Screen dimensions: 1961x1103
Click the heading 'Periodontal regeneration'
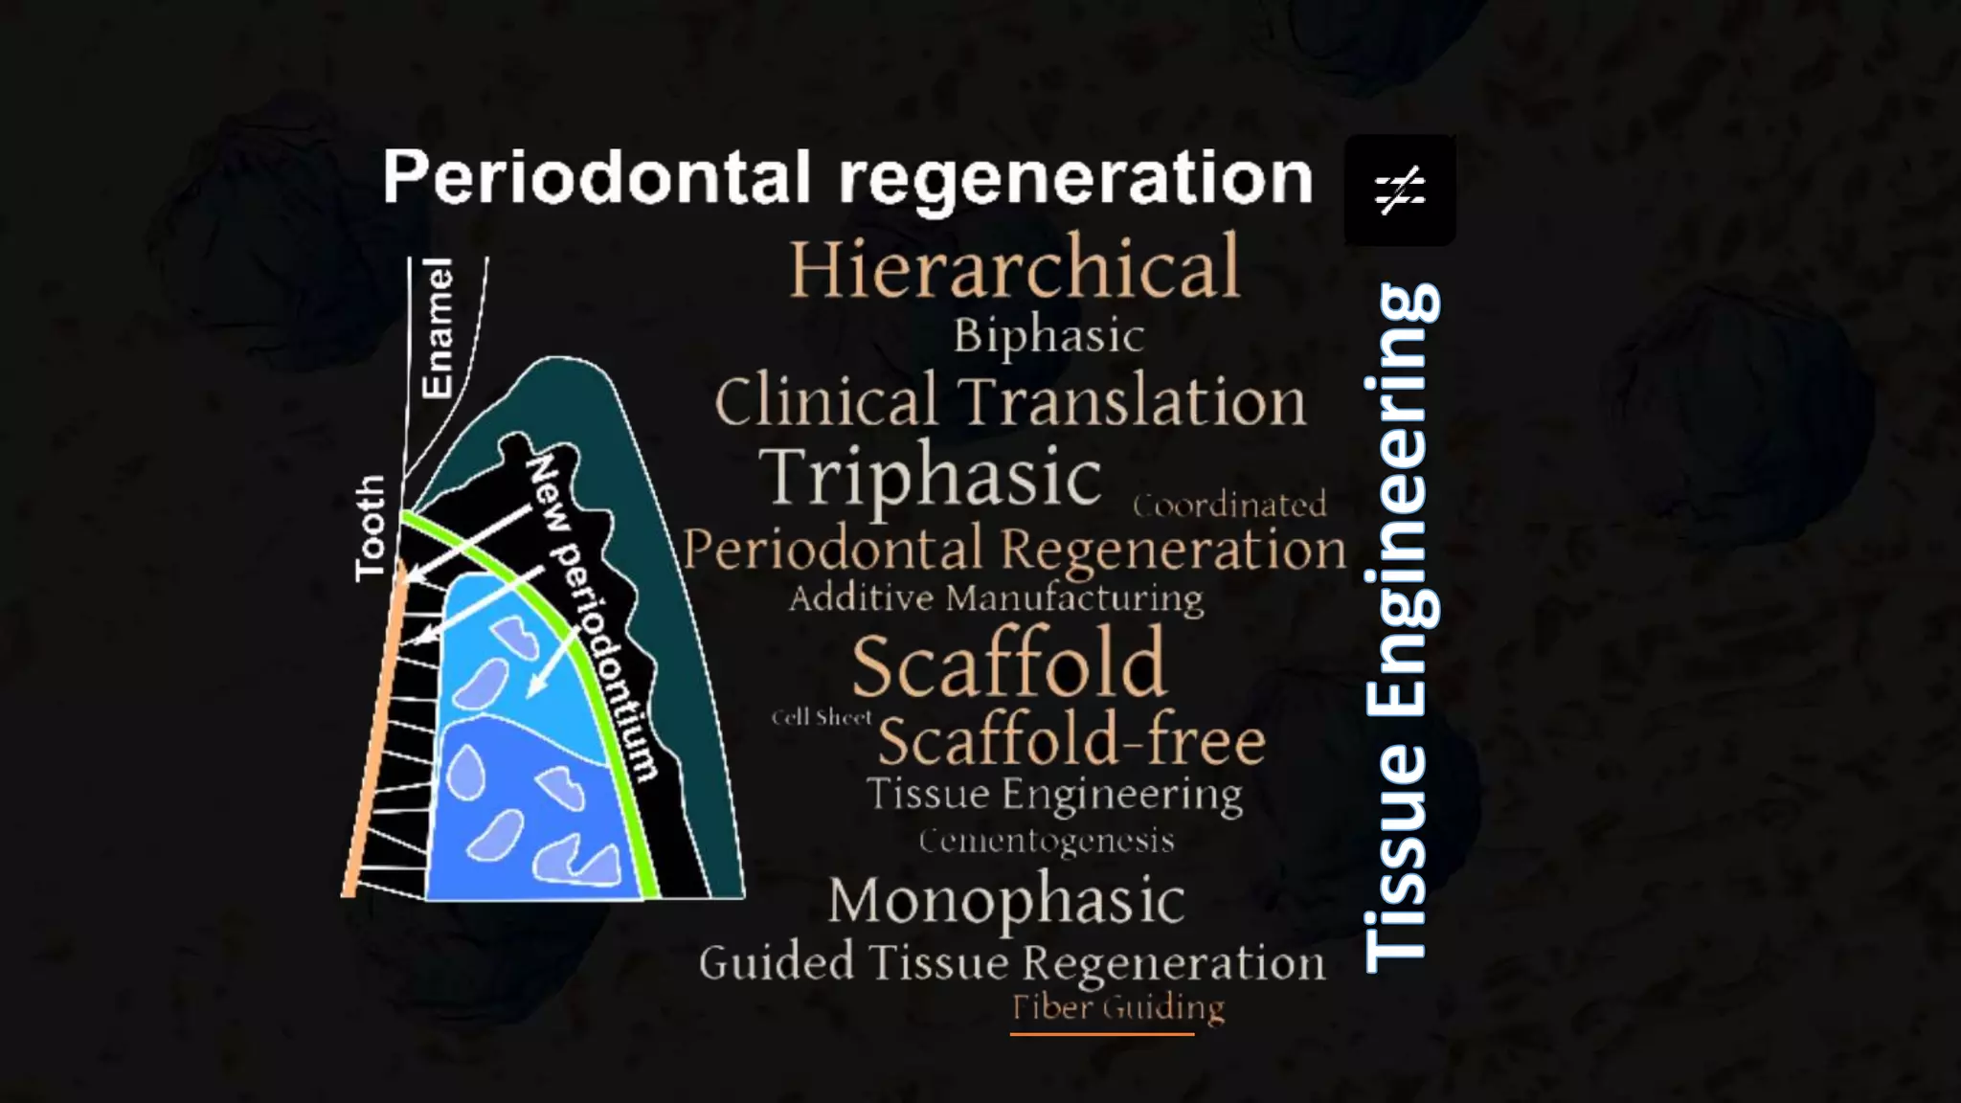click(x=847, y=178)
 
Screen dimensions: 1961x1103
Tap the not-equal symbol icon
click(x=1400, y=191)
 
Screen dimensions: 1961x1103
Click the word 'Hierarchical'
click(x=1014, y=269)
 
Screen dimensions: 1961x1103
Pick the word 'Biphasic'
click(x=1048, y=336)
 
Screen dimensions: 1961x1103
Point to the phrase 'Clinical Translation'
click(x=1010, y=401)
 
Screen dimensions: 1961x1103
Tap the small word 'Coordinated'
click(x=1229, y=505)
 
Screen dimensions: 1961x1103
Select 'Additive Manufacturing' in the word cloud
click(x=996, y=598)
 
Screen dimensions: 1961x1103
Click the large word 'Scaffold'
click(x=1009, y=664)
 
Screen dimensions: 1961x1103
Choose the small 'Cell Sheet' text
click(x=822, y=717)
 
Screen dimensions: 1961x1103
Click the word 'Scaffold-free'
click(x=1071, y=741)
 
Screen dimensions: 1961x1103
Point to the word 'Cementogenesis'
click(x=1046, y=841)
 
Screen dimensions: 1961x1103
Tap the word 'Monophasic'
click(x=1006, y=900)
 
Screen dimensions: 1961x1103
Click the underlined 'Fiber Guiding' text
click(x=1117, y=1007)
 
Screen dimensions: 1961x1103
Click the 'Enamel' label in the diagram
click(x=437, y=327)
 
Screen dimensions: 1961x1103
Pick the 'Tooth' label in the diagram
click(x=370, y=528)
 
